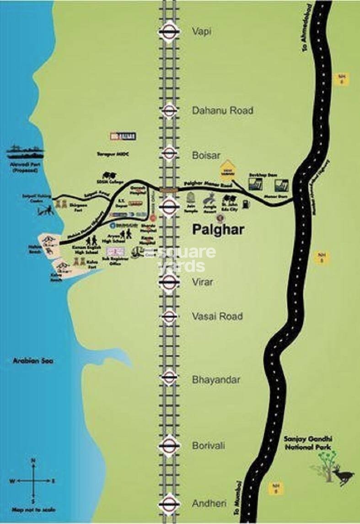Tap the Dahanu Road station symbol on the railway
coord(169,110)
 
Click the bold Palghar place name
coord(217,230)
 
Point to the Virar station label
coord(202,282)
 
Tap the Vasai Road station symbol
coord(169,316)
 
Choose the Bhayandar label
coord(216,379)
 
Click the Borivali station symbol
coord(169,445)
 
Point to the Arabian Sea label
coord(33,361)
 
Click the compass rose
coord(32,481)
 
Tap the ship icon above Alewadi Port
coord(26,150)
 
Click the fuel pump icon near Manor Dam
coord(246,205)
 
